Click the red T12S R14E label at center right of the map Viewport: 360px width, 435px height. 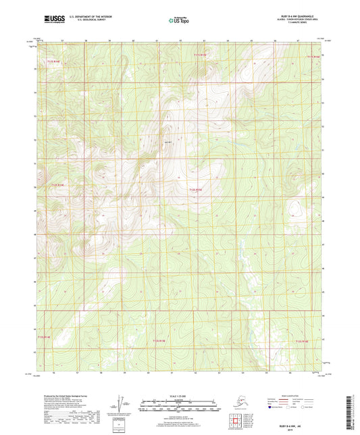click(196, 190)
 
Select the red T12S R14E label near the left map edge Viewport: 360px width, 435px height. click(61, 184)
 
